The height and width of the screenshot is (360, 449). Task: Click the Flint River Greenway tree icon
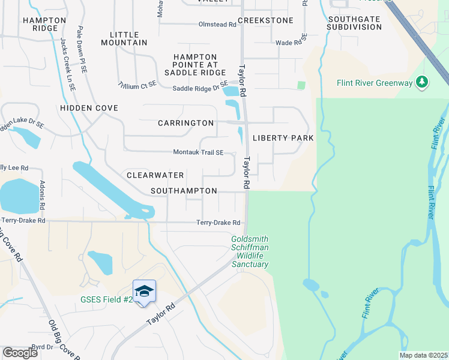(x=422, y=82)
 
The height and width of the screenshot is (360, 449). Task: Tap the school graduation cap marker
(x=144, y=292)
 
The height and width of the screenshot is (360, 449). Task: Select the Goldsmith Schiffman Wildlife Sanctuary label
(x=250, y=251)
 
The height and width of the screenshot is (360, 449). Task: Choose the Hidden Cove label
(x=89, y=108)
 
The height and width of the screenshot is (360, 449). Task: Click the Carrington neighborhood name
(x=185, y=123)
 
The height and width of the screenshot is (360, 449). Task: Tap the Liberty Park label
(x=283, y=138)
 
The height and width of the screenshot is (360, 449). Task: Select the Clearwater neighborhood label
(x=155, y=175)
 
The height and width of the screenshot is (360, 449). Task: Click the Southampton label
(x=184, y=191)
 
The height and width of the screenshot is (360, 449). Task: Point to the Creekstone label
(x=265, y=20)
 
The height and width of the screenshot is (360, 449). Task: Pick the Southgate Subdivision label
(x=354, y=23)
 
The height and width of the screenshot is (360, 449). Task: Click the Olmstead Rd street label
(x=217, y=25)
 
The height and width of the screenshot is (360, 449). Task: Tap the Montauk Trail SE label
(x=198, y=152)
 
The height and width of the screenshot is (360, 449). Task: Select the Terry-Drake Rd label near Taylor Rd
(x=218, y=223)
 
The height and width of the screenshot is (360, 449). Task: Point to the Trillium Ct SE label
(x=137, y=85)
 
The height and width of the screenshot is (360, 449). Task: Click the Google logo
(x=20, y=353)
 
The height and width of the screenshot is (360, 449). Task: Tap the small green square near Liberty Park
(x=301, y=85)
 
